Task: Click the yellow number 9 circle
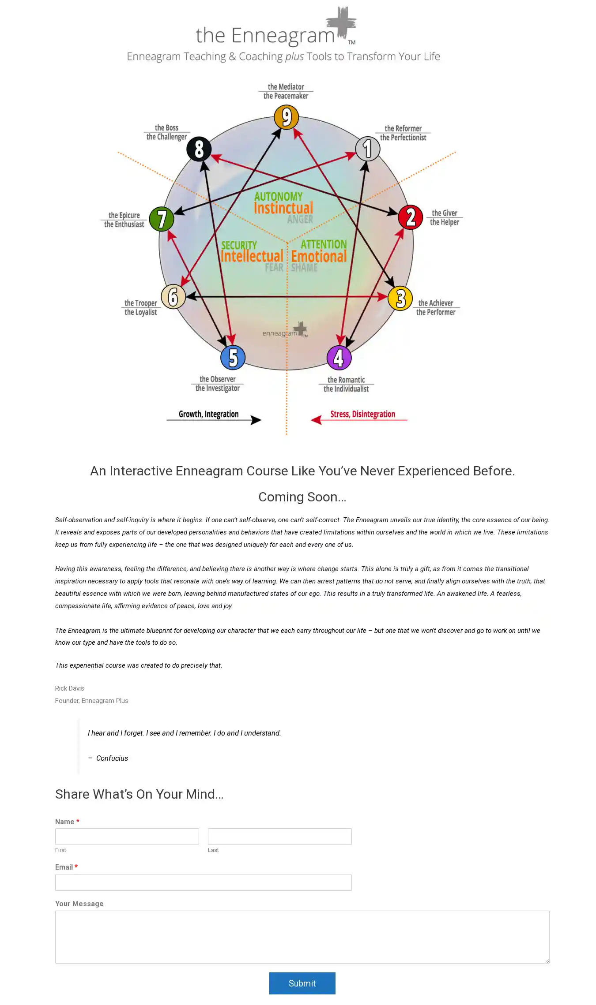coord(287,117)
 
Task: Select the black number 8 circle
coord(199,149)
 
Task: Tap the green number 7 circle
coord(162,219)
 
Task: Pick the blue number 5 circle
coord(233,357)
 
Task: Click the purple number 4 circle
coord(339,358)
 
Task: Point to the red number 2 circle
coord(411,217)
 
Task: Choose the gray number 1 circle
coord(367,149)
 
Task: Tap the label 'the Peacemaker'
coord(286,96)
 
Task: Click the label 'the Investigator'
coord(217,389)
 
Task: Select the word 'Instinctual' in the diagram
coord(283,208)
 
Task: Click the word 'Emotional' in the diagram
coord(319,257)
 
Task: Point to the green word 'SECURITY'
coord(239,245)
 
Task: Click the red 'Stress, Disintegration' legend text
coord(362,414)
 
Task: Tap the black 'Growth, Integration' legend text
coord(208,414)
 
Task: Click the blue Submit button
coord(302,983)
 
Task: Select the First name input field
coord(127,837)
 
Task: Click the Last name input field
coord(279,837)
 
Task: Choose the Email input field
coord(203,882)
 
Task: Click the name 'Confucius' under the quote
coord(112,758)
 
